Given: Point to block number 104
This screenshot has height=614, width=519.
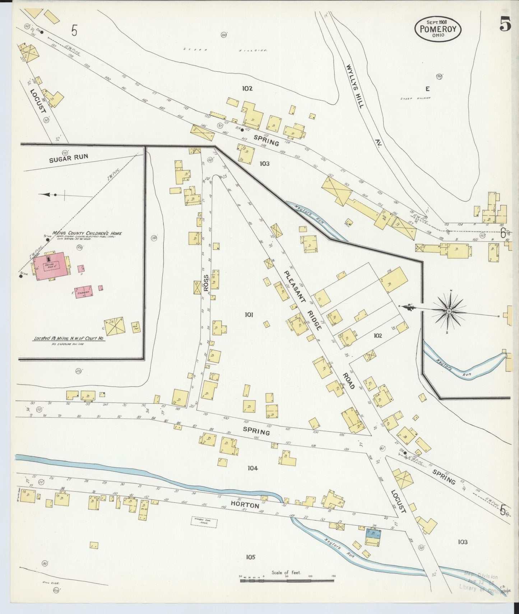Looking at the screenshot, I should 253,468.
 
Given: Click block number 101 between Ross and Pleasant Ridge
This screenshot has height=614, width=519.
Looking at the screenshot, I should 249,315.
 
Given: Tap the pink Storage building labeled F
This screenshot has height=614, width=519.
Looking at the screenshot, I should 84,289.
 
